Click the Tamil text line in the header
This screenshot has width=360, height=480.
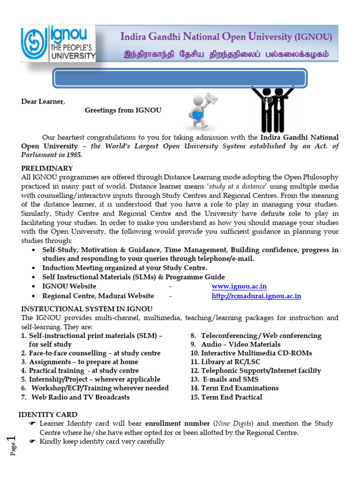(226, 54)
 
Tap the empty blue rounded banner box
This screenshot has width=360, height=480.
(180, 78)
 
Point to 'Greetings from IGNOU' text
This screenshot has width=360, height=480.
(123, 110)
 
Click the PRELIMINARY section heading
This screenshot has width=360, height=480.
(47, 168)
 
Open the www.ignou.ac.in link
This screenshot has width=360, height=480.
(239, 286)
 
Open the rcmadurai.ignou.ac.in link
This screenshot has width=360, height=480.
(256, 296)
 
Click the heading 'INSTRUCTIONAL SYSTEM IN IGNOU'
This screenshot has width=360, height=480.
(87, 309)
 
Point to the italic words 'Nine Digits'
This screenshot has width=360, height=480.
(234, 423)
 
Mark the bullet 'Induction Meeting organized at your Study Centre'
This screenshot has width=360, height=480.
(125, 268)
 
